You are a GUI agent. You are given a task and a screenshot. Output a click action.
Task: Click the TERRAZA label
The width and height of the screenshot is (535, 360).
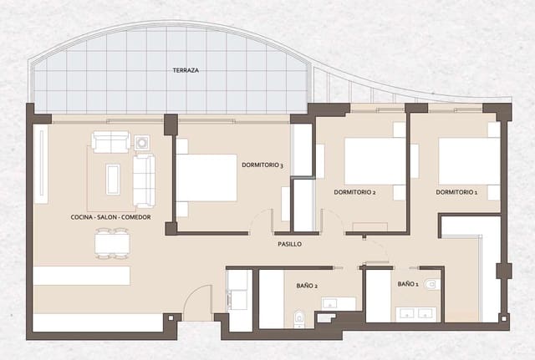point(186,71)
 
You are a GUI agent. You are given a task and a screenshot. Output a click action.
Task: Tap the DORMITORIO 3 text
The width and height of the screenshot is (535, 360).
point(262,165)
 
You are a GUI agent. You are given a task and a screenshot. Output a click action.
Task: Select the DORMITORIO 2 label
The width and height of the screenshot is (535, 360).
point(354,192)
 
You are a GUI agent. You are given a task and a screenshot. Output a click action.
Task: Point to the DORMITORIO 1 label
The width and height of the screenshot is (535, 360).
point(456,192)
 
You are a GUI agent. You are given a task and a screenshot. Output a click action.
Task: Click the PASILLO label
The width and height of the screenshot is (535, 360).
point(289,244)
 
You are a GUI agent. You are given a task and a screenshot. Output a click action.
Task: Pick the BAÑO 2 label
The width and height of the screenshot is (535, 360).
point(307,286)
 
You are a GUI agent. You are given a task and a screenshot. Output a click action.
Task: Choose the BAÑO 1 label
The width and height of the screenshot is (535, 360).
point(408,284)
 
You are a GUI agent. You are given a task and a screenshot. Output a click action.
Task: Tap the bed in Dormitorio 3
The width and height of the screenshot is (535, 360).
point(207,177)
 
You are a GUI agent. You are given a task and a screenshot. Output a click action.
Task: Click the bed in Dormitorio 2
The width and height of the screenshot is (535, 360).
point(374,160)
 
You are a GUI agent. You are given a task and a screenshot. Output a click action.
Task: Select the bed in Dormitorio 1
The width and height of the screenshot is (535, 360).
point(468,160)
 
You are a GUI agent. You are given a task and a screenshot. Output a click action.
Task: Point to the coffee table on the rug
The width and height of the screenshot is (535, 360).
point(113,179)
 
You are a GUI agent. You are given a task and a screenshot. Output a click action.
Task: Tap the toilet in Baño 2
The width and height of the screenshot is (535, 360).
point(298,317)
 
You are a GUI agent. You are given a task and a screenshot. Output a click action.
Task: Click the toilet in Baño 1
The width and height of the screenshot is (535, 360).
point(431,284)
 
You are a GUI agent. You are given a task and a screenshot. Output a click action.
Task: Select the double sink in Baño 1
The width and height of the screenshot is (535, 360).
point(415,314)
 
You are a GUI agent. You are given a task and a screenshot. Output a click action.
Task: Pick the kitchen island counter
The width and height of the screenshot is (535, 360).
point(82,275)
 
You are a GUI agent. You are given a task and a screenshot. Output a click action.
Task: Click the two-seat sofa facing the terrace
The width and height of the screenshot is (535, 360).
point(110,142)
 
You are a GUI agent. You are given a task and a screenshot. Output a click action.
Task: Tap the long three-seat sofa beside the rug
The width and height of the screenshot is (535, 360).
point(145,180)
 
